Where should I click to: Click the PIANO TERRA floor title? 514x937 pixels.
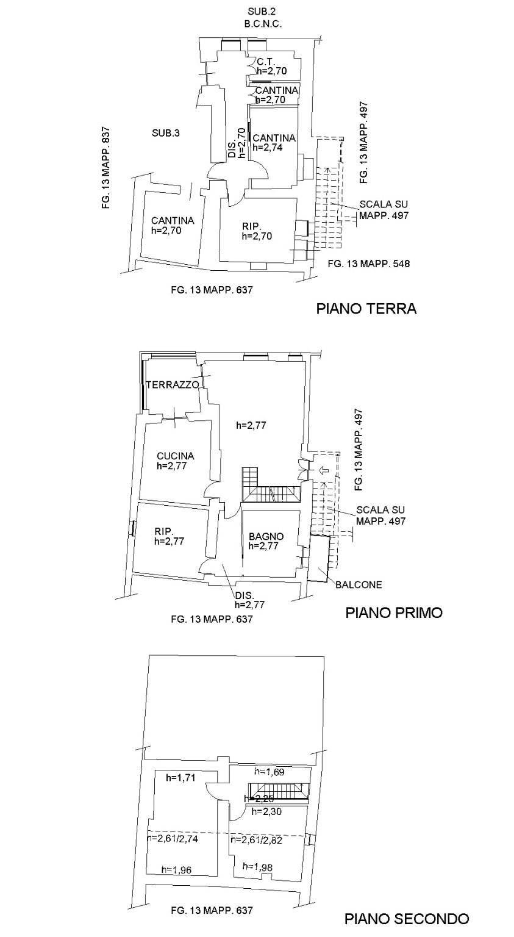366,309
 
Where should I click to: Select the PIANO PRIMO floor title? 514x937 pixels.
393,612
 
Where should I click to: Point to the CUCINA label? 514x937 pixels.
175,456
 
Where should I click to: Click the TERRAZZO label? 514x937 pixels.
173,385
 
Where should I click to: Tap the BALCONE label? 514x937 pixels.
359,584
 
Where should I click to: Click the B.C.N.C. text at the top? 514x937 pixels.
262,24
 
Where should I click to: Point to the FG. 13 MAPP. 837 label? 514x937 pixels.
106,168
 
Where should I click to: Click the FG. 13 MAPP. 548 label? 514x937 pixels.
368,264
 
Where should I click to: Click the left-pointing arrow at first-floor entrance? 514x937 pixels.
323,470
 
